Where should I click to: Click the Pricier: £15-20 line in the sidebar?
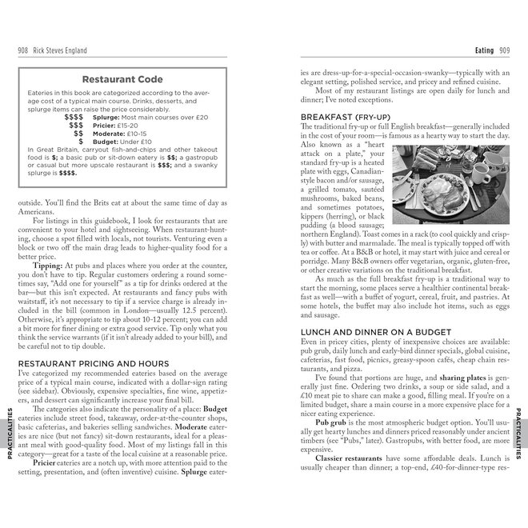tap(117, 125)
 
